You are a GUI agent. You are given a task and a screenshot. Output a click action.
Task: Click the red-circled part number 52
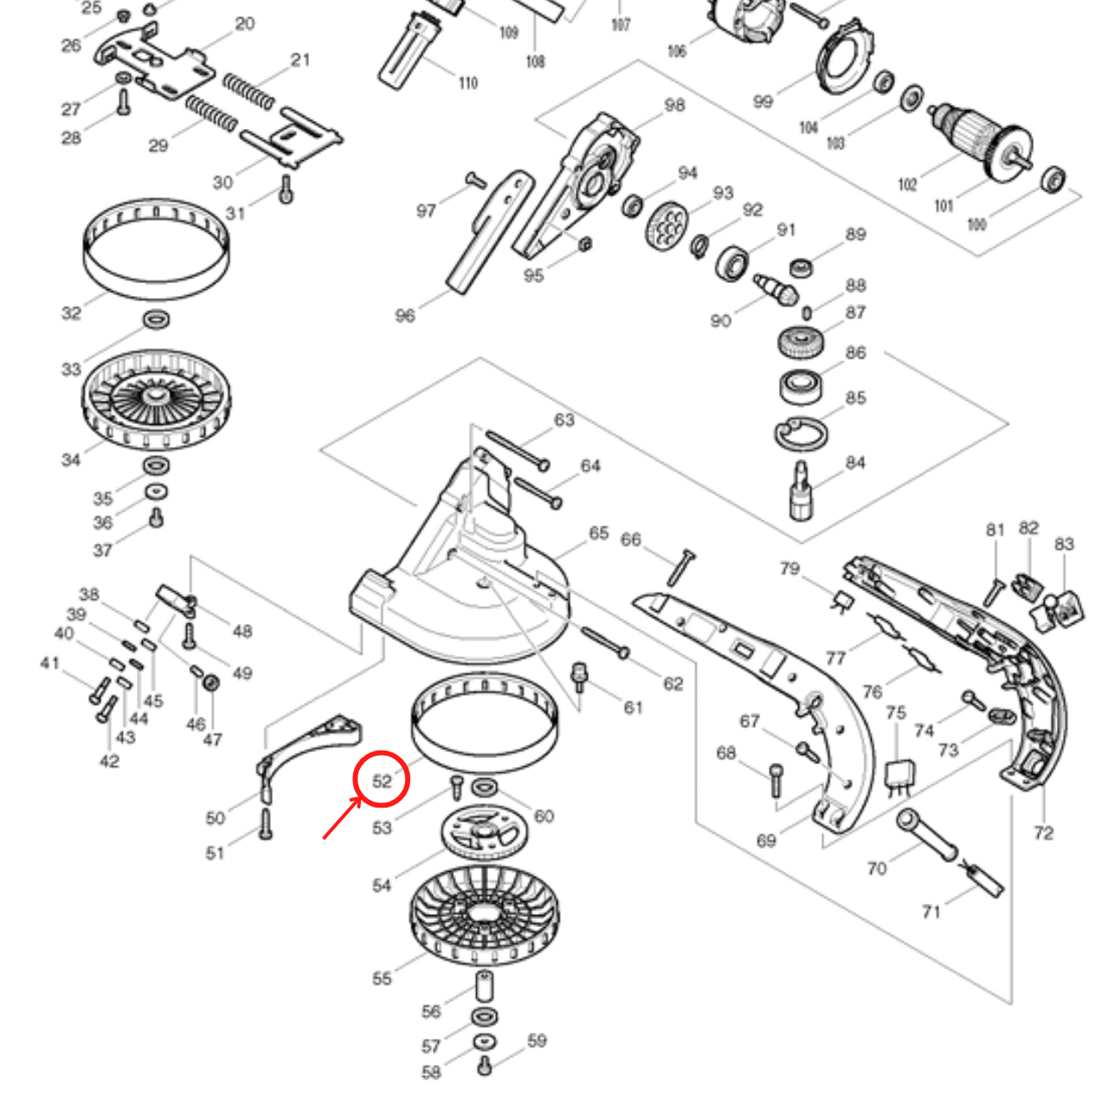[382, 780]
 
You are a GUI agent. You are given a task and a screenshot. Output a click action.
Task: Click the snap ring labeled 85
[801, 435]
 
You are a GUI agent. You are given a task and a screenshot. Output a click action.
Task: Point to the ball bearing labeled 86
[801, 386]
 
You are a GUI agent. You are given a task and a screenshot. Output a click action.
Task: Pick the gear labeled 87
[801, 343]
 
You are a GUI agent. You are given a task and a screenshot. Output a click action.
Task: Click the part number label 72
[1044, 833]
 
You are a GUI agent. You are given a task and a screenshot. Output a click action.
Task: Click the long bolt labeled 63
[517, 449]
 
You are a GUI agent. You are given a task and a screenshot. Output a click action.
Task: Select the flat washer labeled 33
[157, 319]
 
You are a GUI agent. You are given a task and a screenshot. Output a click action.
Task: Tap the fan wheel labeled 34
[158, 400]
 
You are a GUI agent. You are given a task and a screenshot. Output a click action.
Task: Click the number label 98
[674, 105]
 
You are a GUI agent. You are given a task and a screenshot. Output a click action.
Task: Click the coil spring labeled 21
[248, 91]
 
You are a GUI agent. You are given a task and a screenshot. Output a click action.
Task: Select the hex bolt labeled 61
[580, 676]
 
